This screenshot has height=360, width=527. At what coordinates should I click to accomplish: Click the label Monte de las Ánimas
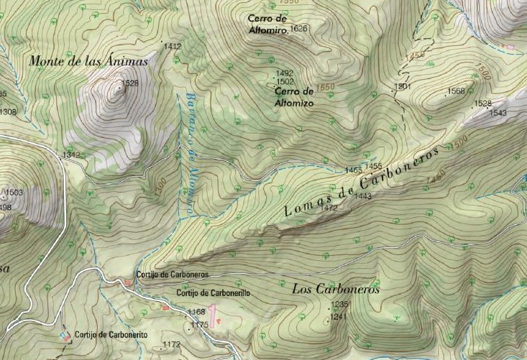tap(88, 61)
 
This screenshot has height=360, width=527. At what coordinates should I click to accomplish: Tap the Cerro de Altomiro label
tap(267, 24)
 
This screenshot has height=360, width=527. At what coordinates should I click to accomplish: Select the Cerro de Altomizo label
tap(295, 96)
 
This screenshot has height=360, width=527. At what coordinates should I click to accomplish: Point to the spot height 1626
tap(300, 29)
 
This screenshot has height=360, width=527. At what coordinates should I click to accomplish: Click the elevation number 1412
tap(173, 47)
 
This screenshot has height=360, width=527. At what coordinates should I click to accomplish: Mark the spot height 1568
tap(456, 91)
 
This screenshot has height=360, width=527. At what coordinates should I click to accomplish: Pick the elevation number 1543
tap(498, 113)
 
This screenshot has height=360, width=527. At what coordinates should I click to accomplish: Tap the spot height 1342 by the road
tap(71, 155)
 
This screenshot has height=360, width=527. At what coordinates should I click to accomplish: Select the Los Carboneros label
tap(336, 290)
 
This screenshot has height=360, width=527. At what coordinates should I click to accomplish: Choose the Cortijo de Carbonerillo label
tap(214, 292)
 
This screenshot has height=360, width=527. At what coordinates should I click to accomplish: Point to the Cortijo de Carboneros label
tap(173, 274)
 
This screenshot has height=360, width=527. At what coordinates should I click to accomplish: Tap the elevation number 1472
tap(329, 208)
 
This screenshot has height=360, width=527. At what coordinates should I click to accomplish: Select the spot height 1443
tap(362, 196)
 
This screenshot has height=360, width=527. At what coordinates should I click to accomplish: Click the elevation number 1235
tap(339, 305)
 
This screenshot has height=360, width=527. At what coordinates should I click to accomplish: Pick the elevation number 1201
tap(402, 86)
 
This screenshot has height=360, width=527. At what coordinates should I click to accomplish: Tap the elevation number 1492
tap(285, 73)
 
